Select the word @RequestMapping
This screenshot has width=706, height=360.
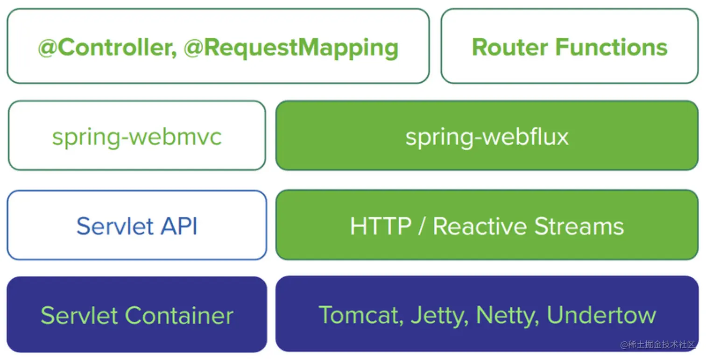point(291,48)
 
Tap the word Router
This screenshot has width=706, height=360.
point(510,47)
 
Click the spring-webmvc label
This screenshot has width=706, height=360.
point(137,137)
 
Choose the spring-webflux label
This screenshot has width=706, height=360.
point(487,137)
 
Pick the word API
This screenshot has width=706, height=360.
point(179,226)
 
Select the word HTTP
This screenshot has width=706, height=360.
point(381,226)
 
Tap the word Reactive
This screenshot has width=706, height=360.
point(480,226)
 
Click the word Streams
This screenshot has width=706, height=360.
point(579,226)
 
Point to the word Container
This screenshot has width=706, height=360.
point(179,315)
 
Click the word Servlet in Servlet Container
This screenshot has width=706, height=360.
point(79,315)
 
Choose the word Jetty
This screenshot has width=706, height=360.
point(440,316)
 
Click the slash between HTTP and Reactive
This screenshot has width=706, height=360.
point(422,226)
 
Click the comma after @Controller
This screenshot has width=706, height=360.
point(174,55)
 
